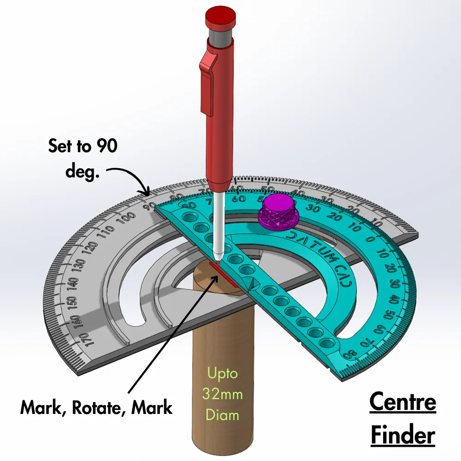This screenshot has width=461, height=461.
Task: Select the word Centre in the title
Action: (x=402, y=402)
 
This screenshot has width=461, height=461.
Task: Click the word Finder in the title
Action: (x=402, y=435)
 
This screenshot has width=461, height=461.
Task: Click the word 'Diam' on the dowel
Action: (x=223, y=415)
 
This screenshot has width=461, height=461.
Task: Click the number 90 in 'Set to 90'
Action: (x=107, y=147)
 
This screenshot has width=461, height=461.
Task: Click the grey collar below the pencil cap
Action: (x=220, y=37)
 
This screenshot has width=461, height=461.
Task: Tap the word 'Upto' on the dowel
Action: (x=223, y=373)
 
